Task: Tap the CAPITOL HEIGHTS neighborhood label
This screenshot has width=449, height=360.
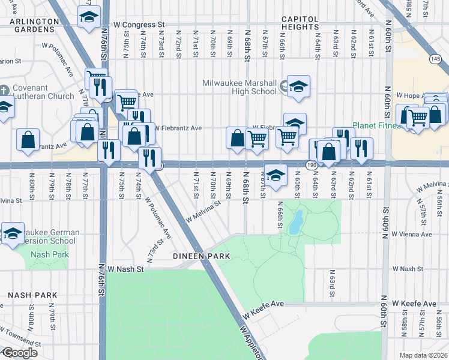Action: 308,23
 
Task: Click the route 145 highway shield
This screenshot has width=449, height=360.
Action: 435,58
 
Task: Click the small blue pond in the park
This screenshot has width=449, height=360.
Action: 295,224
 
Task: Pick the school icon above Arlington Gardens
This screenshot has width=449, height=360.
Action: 89,19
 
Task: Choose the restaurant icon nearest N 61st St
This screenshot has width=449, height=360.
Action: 360,148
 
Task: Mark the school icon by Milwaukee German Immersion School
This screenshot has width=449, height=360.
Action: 12,235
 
